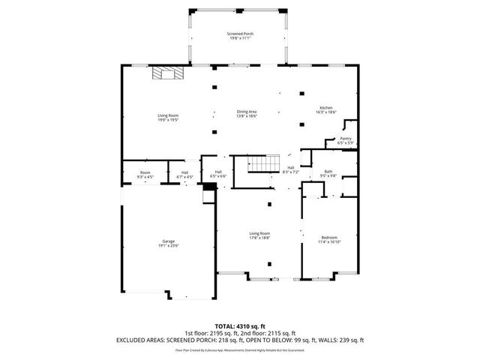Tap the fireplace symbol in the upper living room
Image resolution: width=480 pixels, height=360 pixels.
[x=167, y=73]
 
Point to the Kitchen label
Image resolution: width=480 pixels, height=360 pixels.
[x=326, y=109]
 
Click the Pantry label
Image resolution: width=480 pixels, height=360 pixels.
[x=345, y=140]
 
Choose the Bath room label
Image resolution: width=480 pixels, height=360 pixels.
[x=328, y=174]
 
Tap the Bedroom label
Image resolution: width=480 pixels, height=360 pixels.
[x=329, y=240]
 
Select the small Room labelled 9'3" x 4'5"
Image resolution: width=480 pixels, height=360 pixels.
[x=145, y=175]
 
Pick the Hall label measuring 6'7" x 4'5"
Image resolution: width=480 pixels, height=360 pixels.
[x=184, y=175]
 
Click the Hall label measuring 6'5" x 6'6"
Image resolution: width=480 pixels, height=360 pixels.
[x=218, y=174]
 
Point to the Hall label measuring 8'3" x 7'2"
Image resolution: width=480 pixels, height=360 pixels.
[x=290, y=170]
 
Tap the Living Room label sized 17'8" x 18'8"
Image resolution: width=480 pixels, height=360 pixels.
[x=260, y=235]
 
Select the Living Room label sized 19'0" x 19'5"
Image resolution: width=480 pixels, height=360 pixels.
[x=168, y=117]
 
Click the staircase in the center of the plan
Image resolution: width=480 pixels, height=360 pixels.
[x=259, y=164]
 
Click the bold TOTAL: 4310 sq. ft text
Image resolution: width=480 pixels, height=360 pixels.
[x=239, y=326]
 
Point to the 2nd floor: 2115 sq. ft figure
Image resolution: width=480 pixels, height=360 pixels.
[x=268, y=333]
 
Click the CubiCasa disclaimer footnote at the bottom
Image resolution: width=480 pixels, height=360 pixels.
[x=239, y=349]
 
